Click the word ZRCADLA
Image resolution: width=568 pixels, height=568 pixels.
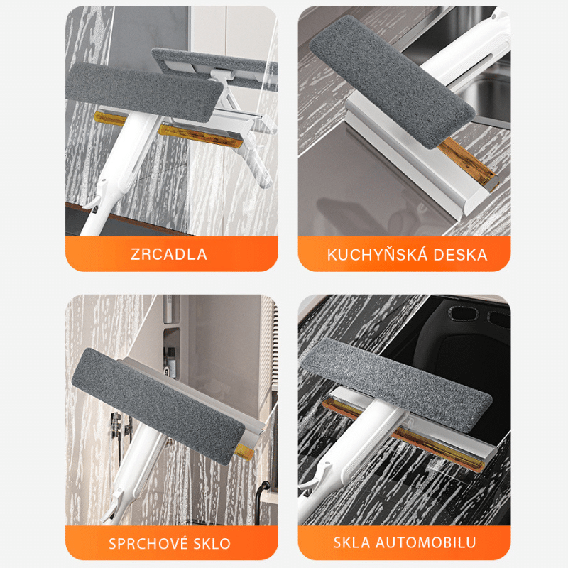pos(169,254)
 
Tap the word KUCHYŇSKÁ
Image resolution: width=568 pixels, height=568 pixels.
pos(377,254)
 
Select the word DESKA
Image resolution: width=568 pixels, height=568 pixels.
pos(460,255)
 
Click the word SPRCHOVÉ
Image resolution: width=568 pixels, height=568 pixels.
pos(148,543)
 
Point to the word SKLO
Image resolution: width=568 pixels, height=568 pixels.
pos(212,544)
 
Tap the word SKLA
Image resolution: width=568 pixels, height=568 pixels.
pos(351,542)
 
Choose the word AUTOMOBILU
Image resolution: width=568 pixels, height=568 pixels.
pos(425,542)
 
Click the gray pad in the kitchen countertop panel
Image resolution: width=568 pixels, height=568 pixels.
pos(392,82)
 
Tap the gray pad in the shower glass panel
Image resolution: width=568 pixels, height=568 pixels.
pos(158,405)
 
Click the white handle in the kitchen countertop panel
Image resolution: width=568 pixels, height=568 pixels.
pos(467,50)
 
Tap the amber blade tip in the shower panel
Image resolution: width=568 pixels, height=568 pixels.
pos(243,450)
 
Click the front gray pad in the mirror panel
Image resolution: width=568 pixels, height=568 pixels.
pos(143,92)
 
